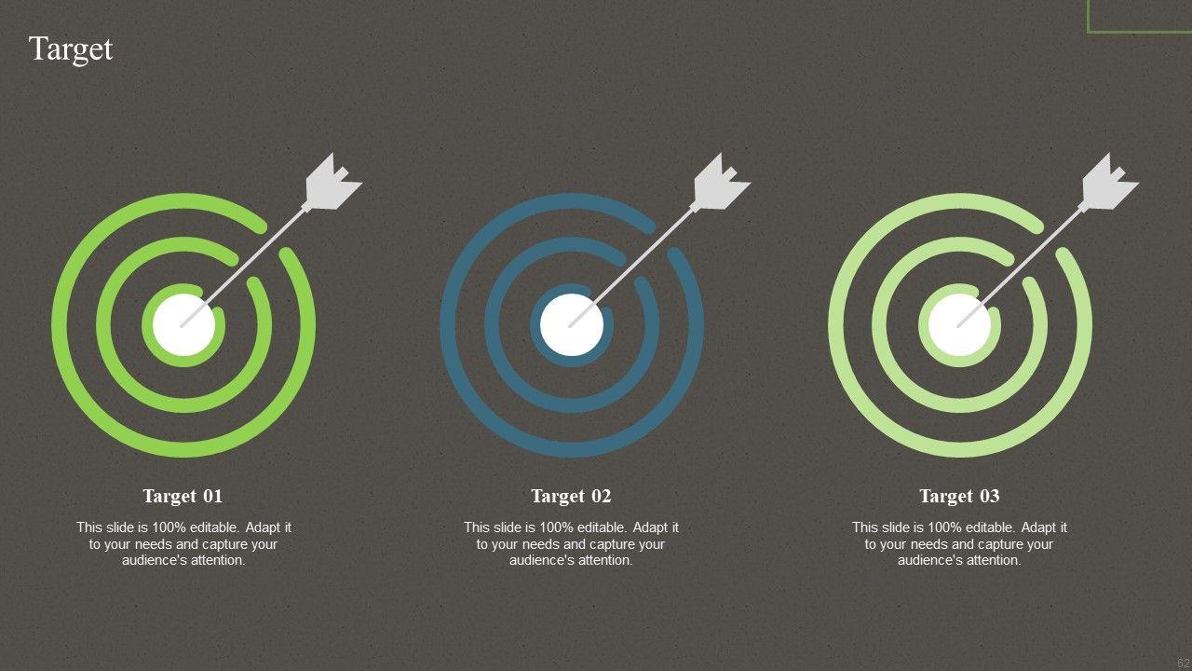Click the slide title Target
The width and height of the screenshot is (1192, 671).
70,49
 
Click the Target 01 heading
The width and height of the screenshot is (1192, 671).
183,497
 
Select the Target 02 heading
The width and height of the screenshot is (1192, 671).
571,497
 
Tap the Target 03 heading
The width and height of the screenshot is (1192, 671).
959,497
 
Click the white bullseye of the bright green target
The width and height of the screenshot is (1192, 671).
183,324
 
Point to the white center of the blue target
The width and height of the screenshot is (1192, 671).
572,324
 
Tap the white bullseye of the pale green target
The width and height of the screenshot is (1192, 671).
959,324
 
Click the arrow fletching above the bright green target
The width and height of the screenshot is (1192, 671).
332,182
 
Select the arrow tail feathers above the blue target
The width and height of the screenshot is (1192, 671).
721,182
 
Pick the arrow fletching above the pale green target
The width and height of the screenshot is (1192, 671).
1109,182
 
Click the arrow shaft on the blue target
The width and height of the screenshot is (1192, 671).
630,267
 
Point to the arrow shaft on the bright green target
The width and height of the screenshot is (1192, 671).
243,267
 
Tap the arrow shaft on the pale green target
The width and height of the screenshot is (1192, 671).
1019,267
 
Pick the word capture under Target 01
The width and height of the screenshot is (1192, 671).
218,544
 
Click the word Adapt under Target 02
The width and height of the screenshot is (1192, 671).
650,527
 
